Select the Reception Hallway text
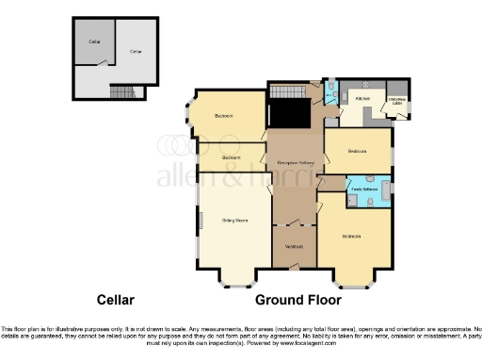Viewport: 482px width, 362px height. click(x=294, y=163)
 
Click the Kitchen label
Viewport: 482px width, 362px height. click(x=361, y=97)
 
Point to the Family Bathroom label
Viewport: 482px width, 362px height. click(x=364, y=189)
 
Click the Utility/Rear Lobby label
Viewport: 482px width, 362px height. click(x=397, y=100)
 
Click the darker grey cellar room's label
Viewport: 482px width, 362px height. click(x=94, y=42)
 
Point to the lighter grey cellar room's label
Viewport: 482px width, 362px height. click(x=137, y=50)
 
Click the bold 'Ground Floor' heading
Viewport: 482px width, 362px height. click(x=293, y=300)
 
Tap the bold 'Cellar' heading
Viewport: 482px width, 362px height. click(x=116, y=300)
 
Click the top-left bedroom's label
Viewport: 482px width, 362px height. click(x=224, y=116)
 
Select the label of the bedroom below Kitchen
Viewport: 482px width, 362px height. click(x=357, y=151)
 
